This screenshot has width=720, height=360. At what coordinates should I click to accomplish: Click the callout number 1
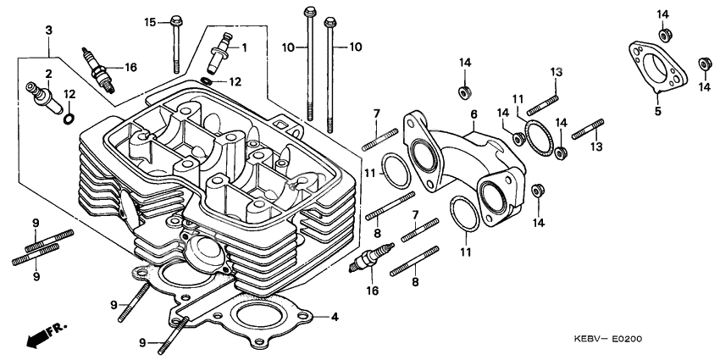coord(245,47)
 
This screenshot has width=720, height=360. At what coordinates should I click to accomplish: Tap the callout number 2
coord(49,74)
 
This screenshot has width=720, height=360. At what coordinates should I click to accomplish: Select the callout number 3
coord(49,30)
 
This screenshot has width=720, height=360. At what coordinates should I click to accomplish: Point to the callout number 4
coord(335,317)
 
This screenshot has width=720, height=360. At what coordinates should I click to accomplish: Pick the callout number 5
coord(657,110)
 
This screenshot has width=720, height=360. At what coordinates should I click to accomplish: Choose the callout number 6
coord(474,114)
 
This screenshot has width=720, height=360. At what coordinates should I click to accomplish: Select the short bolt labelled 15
coord(176,44)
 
